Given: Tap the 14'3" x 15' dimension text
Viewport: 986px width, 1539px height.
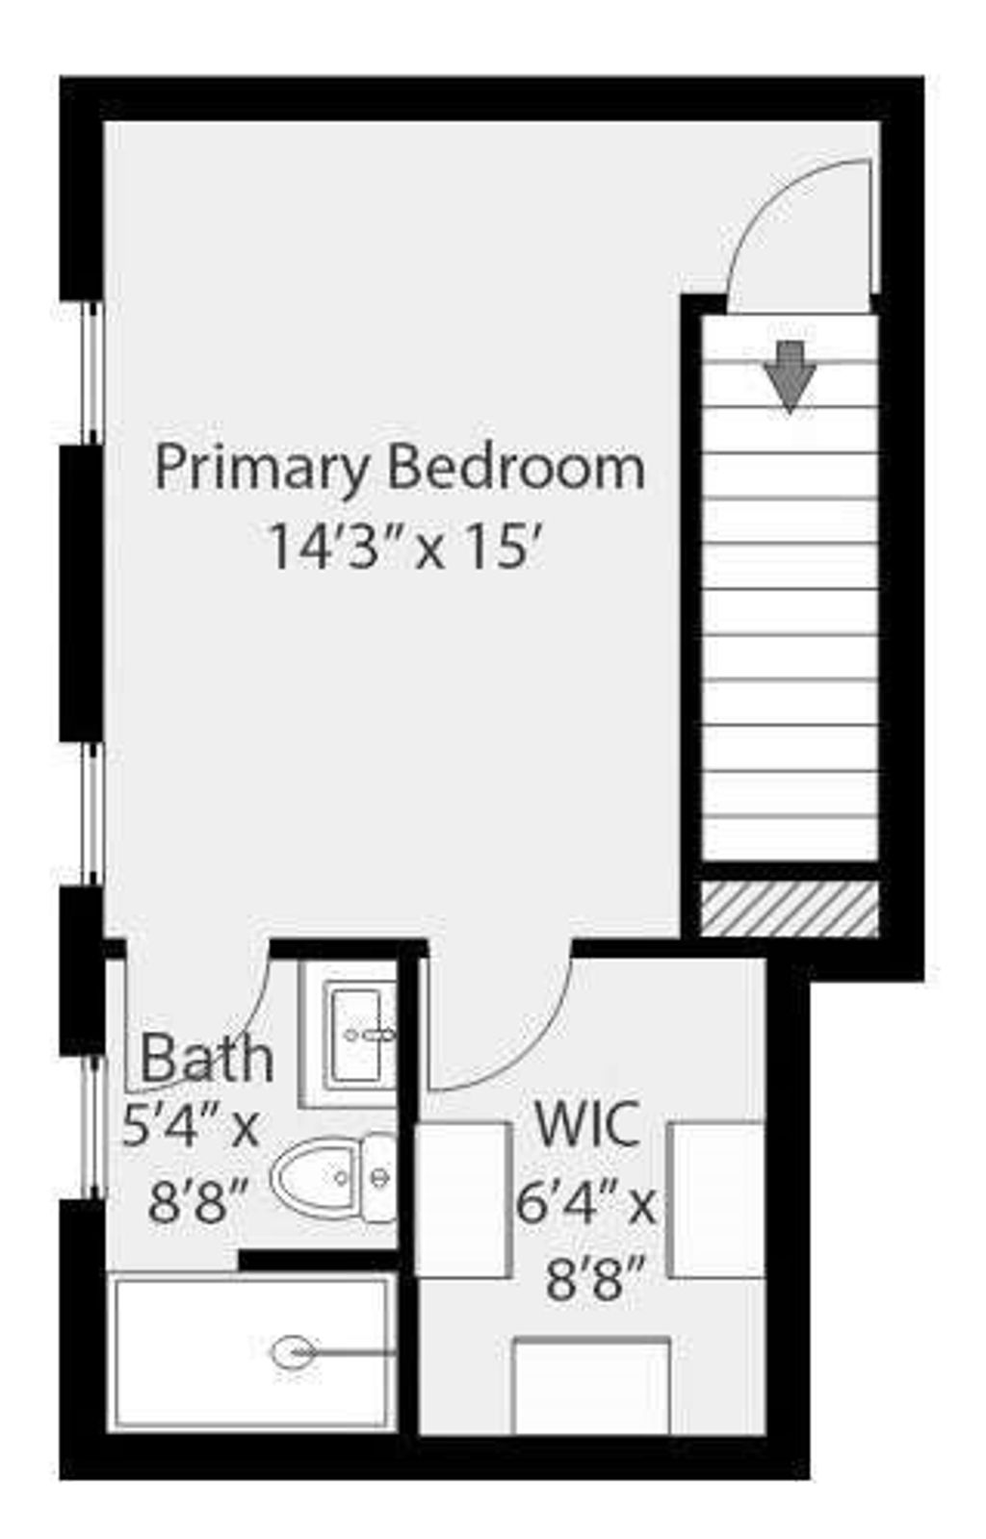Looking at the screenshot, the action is click(405, 547).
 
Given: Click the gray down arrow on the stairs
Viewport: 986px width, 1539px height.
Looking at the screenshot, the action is click(790, 377).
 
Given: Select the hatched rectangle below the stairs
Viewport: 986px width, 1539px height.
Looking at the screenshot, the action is click(790, 909).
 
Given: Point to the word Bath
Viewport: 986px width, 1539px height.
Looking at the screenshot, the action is click(207, 1058).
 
